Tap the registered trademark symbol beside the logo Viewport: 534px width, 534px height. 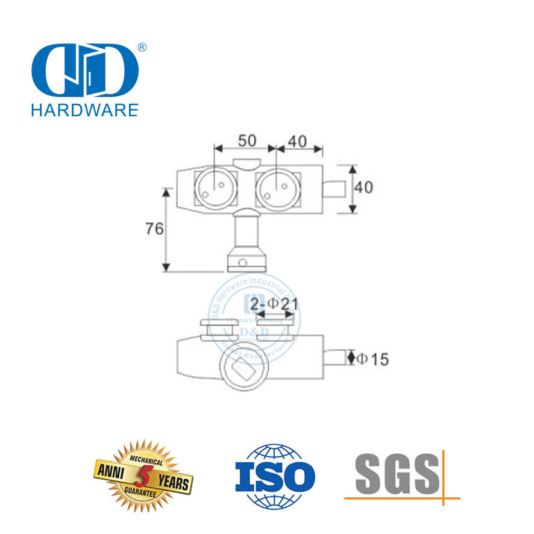[x=143, y=47]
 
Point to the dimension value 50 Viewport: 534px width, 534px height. [x=245, y=141]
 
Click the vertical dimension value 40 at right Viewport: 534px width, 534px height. [x=363, y=187]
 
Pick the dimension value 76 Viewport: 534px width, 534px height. [x=154, y=229]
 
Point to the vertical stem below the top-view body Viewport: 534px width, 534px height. [x=245, y=232]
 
